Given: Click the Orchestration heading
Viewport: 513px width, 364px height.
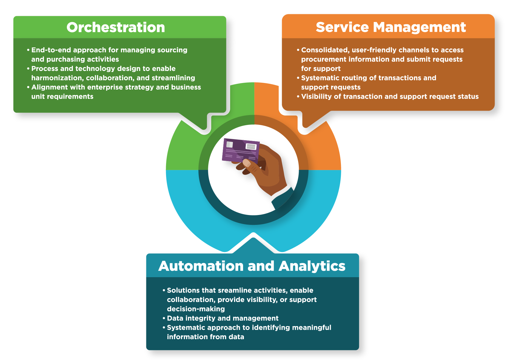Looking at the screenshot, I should point(116,27).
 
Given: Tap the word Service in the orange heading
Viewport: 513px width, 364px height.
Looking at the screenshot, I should point(342,27).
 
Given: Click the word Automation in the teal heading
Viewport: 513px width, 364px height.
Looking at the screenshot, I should point(201,266).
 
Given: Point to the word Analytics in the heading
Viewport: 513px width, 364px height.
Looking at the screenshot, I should point(312,266).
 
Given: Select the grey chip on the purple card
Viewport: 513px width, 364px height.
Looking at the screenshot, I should point(229,144).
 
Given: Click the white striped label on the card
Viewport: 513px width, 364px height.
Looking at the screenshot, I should point(251,147).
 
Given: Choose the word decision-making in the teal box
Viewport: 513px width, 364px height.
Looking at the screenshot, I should point(196,309).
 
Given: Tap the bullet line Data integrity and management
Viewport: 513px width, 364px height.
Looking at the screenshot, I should point(223,318).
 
